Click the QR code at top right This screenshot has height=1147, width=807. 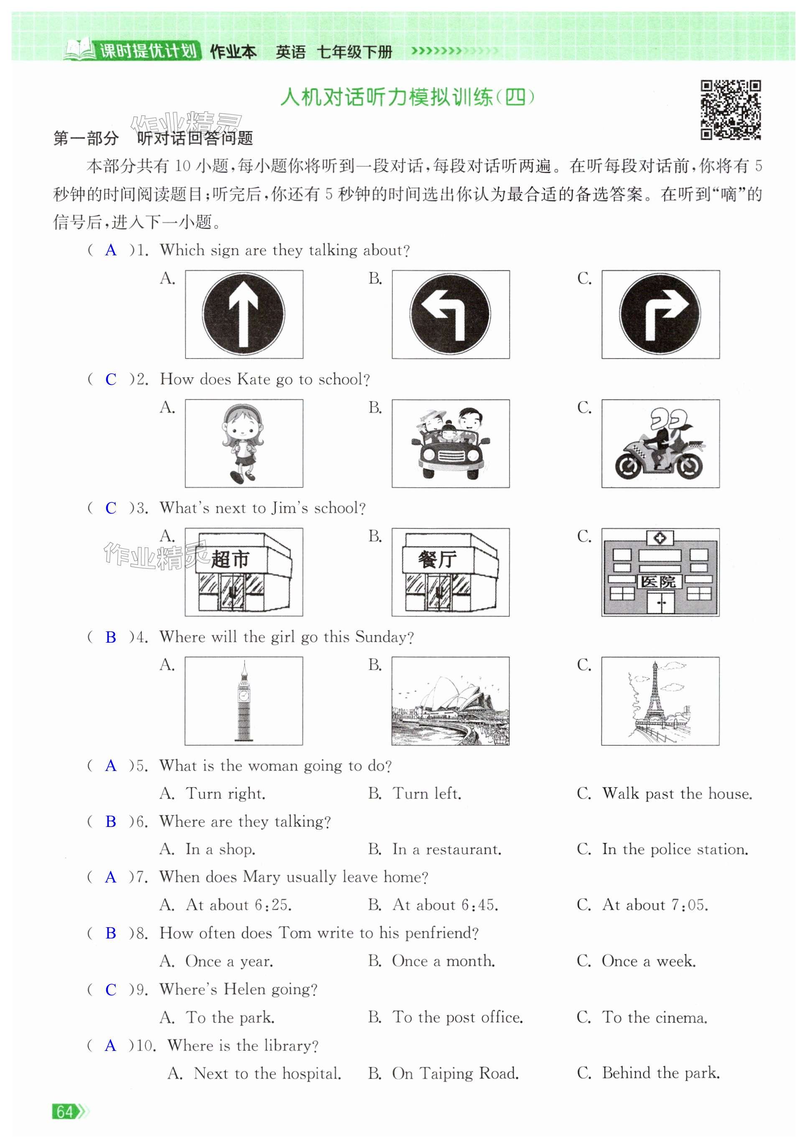point(730,109)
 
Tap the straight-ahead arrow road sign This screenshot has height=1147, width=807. point(243,314)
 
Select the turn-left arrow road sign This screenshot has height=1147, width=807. point(450,314)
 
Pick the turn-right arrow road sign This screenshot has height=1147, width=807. point(659,314)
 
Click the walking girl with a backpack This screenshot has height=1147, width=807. point(243,443)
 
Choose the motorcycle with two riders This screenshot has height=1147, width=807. point(659,445)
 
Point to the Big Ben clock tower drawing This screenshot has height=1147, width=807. point(243,700)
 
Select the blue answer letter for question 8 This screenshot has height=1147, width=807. point(110,933)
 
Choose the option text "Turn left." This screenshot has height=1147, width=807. point(426,793)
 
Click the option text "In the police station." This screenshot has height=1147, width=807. point(675,849)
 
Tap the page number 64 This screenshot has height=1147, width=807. point(65,1111)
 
